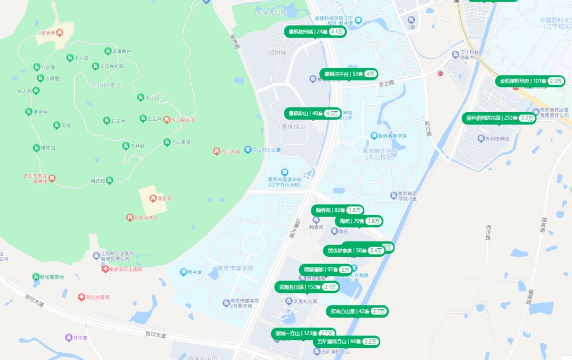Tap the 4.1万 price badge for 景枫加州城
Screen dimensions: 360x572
point(337,32)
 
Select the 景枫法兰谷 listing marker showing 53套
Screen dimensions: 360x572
point(348,74)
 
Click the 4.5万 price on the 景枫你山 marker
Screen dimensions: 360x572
point(332,113)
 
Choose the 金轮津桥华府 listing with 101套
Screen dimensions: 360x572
point(530,81)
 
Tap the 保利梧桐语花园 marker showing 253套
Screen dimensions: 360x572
point(499,118)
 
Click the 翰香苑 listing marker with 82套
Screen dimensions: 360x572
point(337,210)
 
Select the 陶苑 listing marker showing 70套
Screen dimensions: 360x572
point(358,221)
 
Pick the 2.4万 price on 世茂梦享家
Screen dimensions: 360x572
point(376,250)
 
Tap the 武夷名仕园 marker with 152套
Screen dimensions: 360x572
point(307,287)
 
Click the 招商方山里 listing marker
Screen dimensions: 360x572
point(358,311)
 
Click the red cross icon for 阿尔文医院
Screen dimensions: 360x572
point(81,298)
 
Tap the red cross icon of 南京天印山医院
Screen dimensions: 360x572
point(105,269)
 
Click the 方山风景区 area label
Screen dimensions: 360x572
point(106,85)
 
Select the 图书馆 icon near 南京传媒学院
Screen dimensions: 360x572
point(183,272)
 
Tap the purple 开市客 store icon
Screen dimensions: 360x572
point(68,337)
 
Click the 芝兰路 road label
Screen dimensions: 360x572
point(387,83)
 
